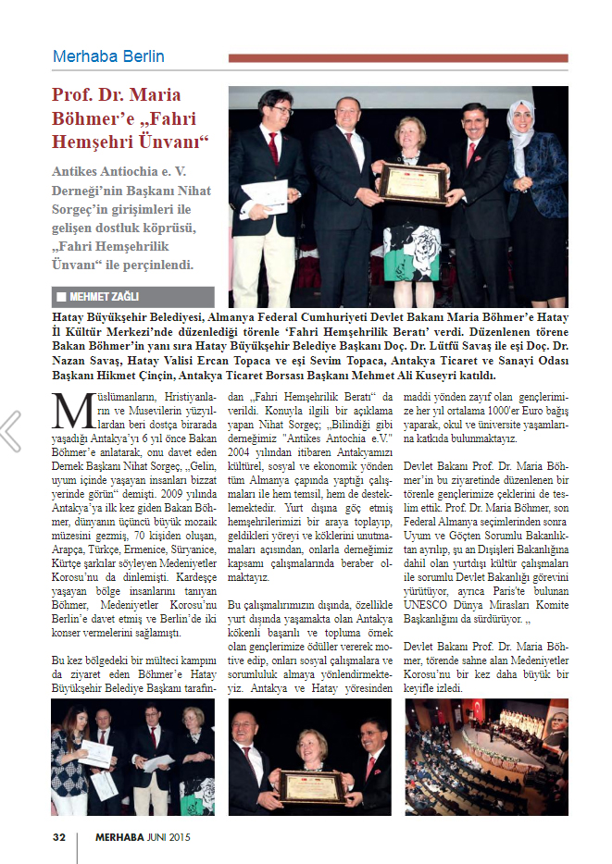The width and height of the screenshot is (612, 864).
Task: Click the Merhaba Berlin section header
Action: click(x=108, y=56)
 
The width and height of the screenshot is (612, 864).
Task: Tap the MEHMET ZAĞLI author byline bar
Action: click(x=132, y=297)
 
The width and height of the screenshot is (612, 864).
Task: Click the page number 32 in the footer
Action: click(x=58, y=836)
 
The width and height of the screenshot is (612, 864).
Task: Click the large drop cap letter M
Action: click(x=68, y=409)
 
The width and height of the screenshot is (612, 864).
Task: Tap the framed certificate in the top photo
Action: click(x=413, y=184)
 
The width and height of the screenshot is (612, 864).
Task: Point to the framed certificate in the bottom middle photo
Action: click(x=311, y=784)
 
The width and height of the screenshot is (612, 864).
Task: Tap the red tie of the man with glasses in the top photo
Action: click(x=273, y=147)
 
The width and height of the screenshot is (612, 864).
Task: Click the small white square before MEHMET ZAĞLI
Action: click(x=60, y=297)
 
